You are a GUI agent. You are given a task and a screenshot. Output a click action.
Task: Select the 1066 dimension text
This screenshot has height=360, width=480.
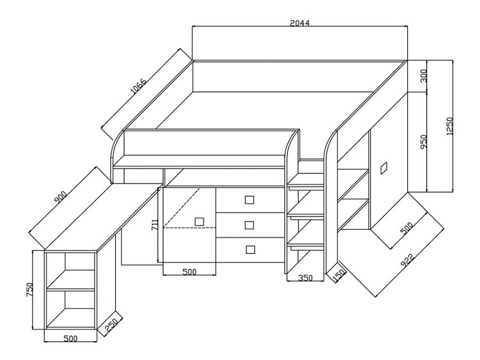click(139, 87)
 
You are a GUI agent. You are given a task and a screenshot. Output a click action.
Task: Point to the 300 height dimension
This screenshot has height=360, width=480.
click(424, 76)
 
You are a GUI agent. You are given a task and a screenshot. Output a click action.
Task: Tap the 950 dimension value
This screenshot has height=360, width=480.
click(424, 142)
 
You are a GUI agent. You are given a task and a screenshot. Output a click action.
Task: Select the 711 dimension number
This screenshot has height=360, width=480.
click(155, 225)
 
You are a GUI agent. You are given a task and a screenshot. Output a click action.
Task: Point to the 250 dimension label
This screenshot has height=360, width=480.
click(112, 325)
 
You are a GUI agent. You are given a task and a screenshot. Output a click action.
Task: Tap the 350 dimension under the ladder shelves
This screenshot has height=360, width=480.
click(305, 278)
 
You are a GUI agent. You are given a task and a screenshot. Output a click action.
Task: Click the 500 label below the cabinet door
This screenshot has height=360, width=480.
click(189, 272)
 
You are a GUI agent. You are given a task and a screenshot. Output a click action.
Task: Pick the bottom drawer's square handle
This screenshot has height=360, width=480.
click(250, 248)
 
